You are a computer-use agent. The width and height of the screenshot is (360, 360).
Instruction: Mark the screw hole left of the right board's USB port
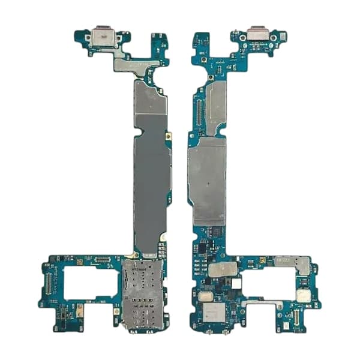tap(242, 37)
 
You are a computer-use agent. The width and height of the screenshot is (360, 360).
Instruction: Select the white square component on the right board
tap(236, 282)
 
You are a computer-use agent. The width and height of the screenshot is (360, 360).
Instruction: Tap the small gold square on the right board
tap(262, 260)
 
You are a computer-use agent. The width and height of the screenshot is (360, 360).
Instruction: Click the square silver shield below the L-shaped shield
tap(303, 295)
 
